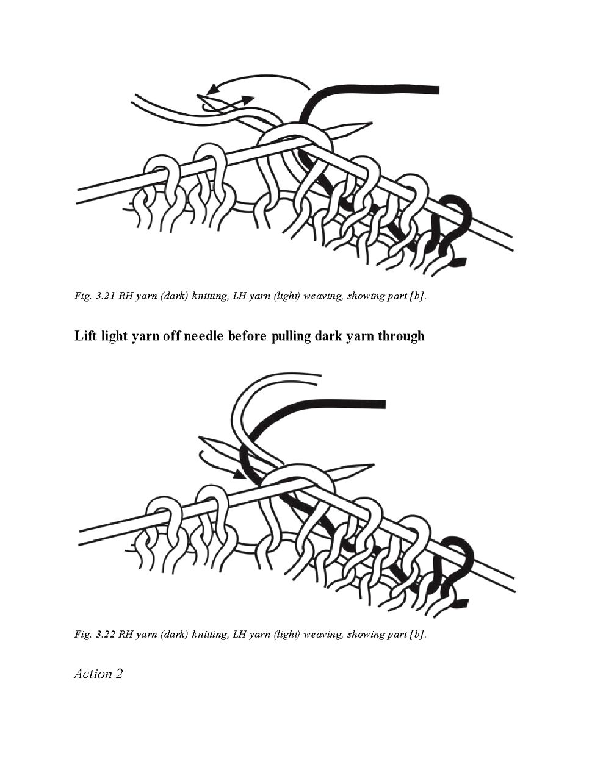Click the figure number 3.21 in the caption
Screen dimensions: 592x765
pos(104,296)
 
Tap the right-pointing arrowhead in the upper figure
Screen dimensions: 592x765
pos(247,100)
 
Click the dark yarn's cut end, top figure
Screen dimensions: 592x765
pos(436,90)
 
